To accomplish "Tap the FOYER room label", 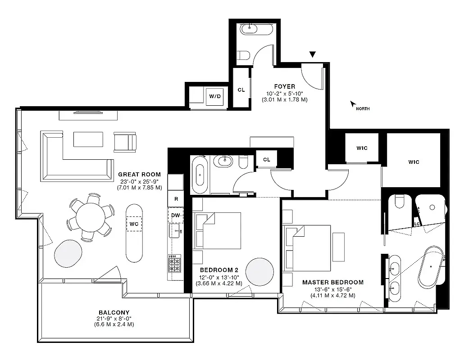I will [284, 86].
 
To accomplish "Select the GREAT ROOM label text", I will [139, 175].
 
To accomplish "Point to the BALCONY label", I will [114, 312].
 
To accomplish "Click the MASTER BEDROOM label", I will [332, 283].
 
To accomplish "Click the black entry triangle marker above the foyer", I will [313, 55].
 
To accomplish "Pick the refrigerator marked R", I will [175, 198].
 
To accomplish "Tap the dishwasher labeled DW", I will [175, 215].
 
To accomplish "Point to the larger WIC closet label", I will [414, 162].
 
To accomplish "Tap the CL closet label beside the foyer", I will [241, 90].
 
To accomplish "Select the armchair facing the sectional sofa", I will [125, 141].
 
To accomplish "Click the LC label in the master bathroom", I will [417, 222].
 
